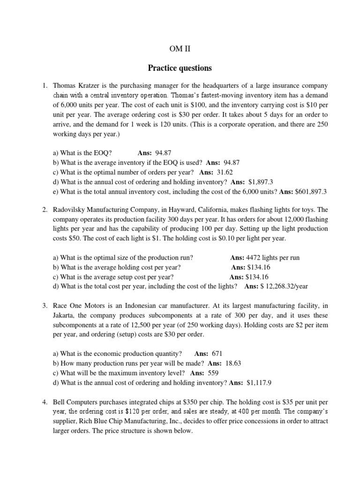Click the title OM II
tap(180, 48)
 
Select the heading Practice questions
tap(180, 68)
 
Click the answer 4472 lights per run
tap(273, 258)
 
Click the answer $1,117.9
tap(259, 382)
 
